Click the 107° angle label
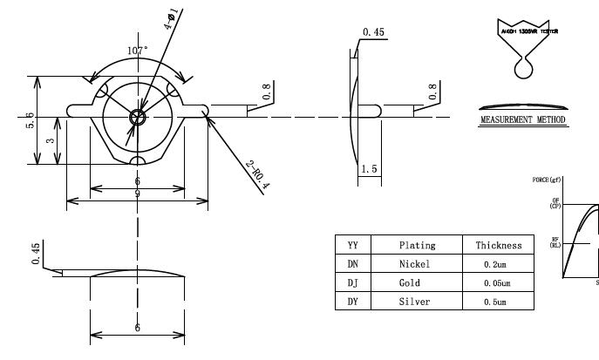[x=138, y=51]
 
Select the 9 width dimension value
[x=138, y=194]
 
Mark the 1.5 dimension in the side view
[x=369, y=169]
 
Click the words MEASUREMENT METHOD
[x=523, y=119]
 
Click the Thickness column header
[x=499, y=247]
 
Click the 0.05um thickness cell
[x=499, y=282]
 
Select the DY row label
[x=353, y=301]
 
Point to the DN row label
[x=353, y=264]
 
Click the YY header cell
[x=353, y=247]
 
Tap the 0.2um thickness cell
[x=499, y=264]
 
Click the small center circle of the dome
[x=138, y=117]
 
